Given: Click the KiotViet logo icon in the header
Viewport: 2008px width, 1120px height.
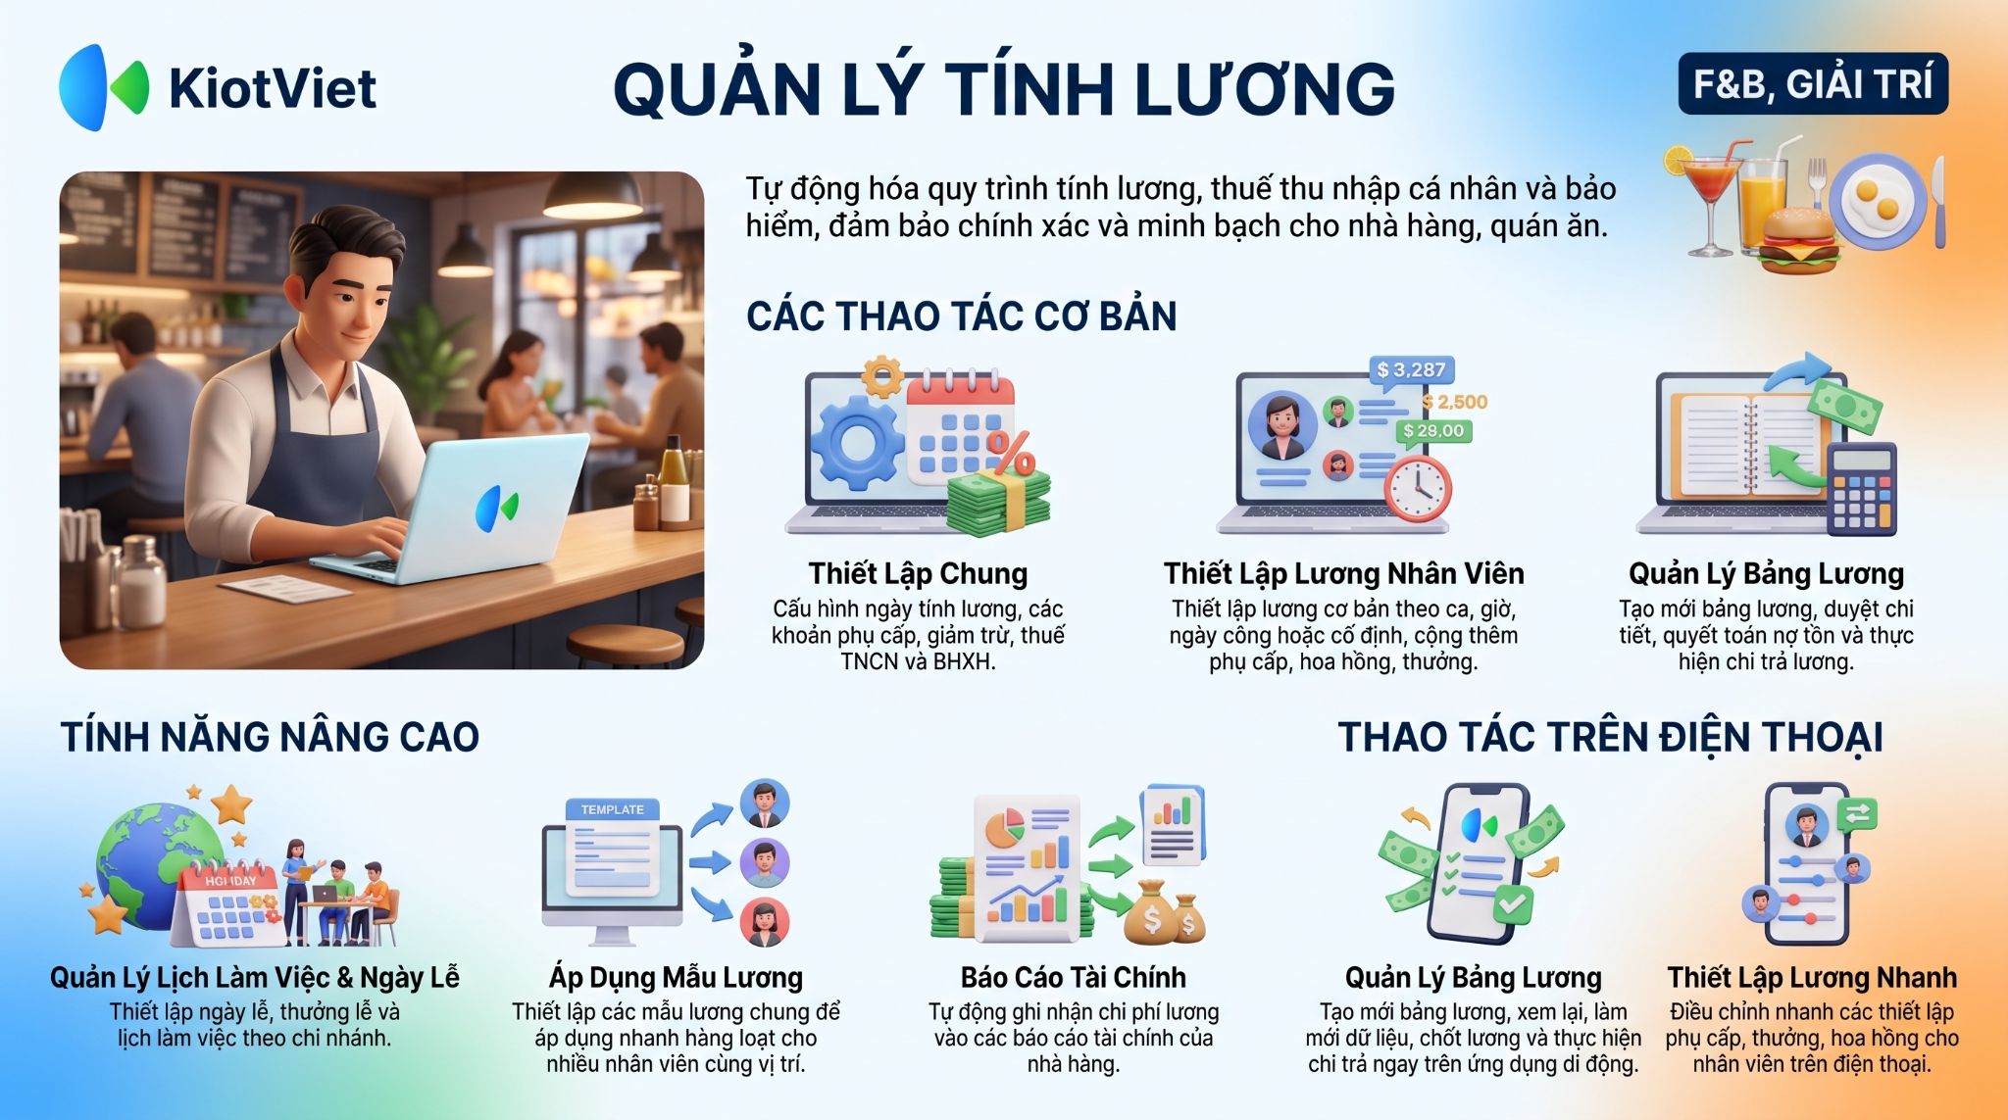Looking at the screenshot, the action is pyautogui.click(x=104, y=87).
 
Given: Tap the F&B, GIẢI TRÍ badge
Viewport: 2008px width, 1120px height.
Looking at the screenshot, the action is pyautogui.click(x=1813, y=84).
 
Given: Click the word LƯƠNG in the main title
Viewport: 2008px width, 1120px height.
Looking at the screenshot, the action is pyautogui.click(x=1264, y=89).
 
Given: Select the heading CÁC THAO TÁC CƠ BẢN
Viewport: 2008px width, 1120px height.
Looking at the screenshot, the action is pyautogui.click(x=961, y=317).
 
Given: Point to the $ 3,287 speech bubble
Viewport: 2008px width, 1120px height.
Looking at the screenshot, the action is pyautogui.click(x=1411, y=369).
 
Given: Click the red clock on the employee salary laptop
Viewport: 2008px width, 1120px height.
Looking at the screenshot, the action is pyautogui.click(x=1418, y=488).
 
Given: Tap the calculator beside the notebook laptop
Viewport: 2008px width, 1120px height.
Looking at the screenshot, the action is pyautogui.click(x=1862, y=489).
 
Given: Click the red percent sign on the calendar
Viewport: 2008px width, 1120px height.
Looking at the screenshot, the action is pyautogui.click(x=1010, y=452).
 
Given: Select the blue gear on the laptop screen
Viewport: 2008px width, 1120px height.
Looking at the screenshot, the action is pyautogui.click(x=857, y=442).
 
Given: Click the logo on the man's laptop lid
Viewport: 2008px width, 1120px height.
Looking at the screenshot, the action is pyautogui.click(x=497, y=508).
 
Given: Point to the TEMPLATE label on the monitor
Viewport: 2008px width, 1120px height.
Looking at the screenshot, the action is pyautogui.click(x=612, y=809).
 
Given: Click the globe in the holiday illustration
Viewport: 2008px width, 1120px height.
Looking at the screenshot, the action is pyautogui.click(x=157, y=863).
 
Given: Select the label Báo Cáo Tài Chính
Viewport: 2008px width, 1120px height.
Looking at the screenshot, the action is pyautogui.click(x=1073, y=977).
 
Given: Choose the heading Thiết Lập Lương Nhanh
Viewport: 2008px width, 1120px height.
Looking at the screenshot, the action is pyautogui.click(x=1812, y=977).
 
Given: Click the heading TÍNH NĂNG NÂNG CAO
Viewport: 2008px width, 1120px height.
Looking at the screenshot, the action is pyautogui.click(x=270, y=737).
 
